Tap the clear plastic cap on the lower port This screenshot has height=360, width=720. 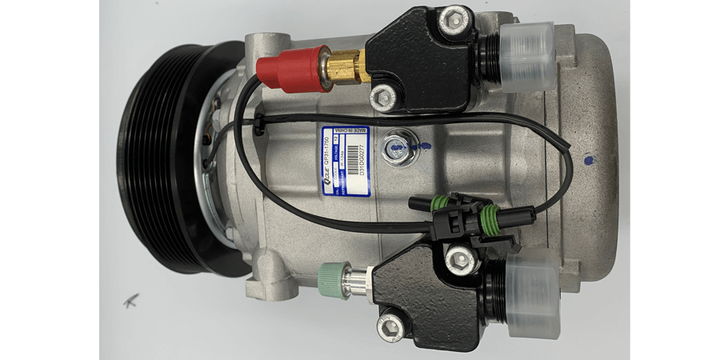(x=528, y=292)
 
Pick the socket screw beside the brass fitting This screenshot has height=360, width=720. (x=385, y=97)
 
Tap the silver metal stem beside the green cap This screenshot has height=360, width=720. (x=353, y=279)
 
